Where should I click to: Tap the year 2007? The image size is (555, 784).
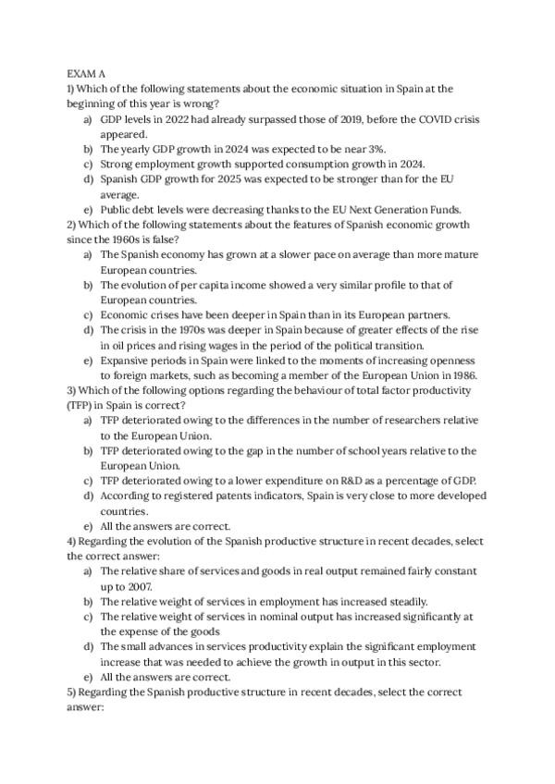click(x=140, y=587)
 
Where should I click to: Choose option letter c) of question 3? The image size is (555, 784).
click(x=88, y=480)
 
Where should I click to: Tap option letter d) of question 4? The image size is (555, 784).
click(x=88, y=646)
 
